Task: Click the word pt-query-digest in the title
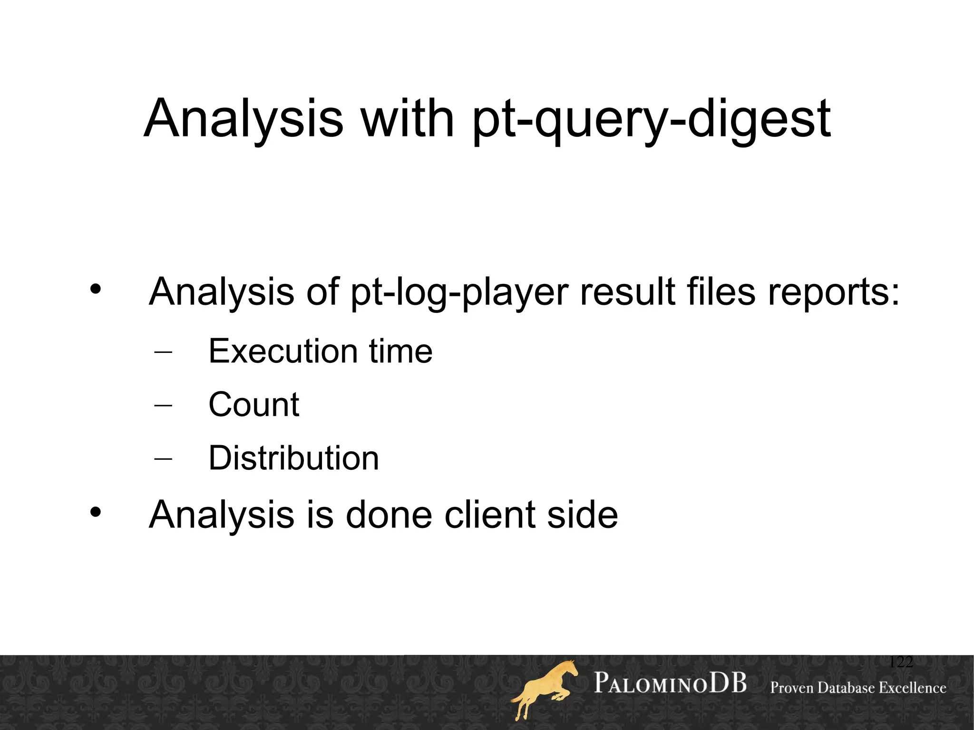coord(652,120)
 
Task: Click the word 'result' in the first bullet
coord(628,291)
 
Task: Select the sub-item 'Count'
coord(253,405)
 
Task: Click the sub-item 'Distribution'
coord(293,458)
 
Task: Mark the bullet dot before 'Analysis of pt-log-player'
coord(96,289)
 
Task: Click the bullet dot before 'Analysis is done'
coord(96,512)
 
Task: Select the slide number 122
coord(900,662)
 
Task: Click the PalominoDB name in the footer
coord(670,684)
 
